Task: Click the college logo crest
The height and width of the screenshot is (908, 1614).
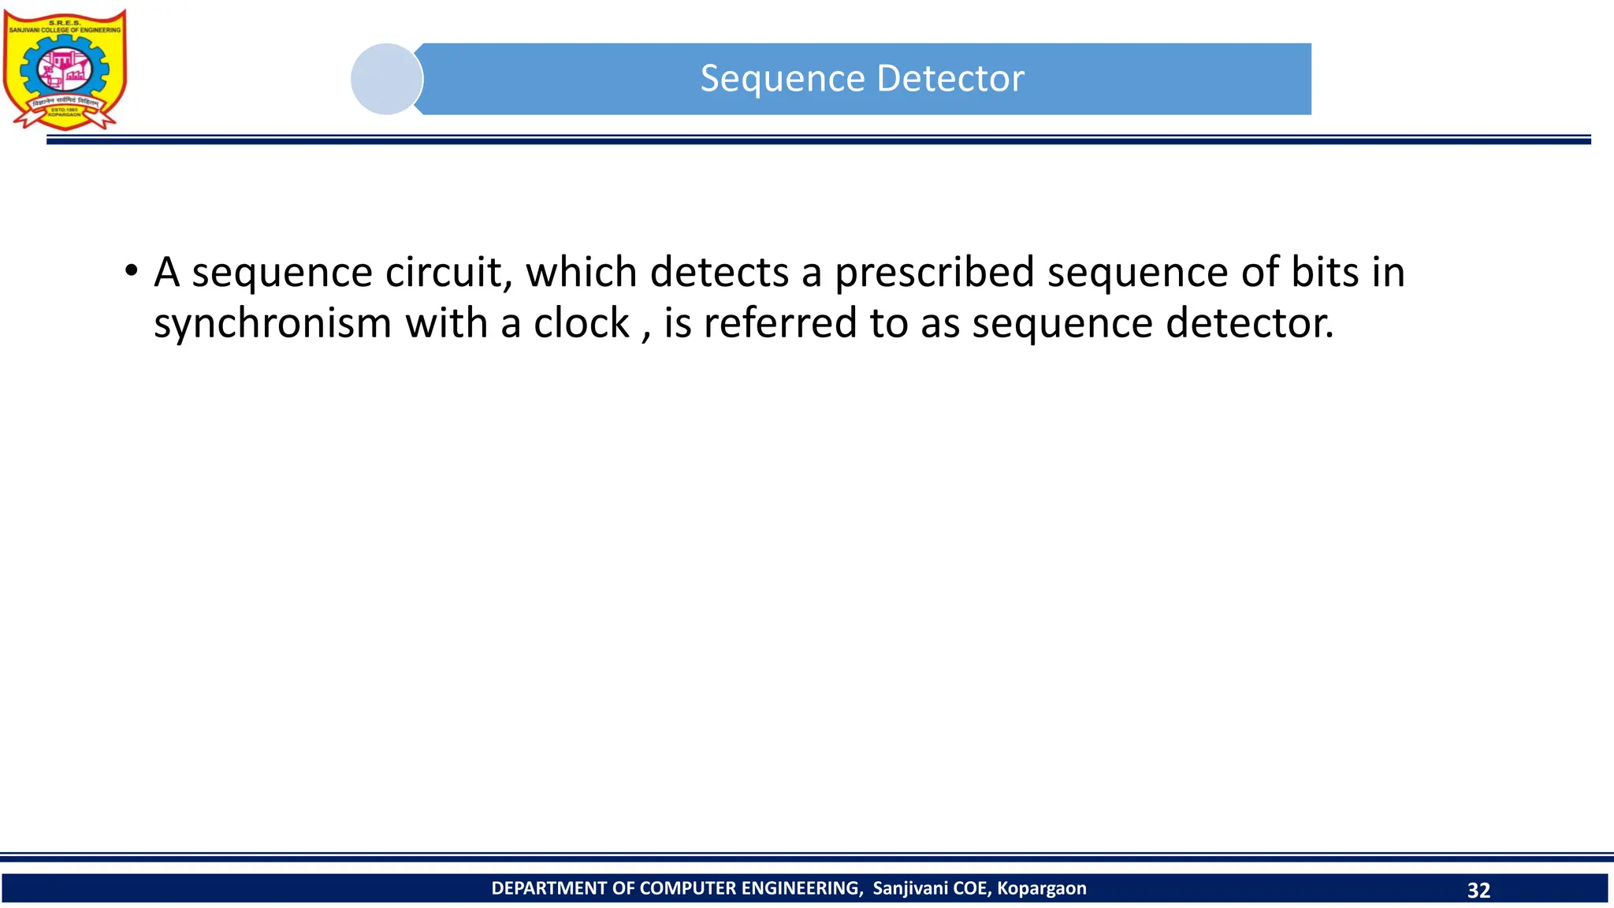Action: (x=65, y=69)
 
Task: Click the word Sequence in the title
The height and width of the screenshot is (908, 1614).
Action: (x=783, y=79)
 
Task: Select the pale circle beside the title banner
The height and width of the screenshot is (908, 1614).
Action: (x=386, y=79)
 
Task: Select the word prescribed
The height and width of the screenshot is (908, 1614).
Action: (x=934, y=273)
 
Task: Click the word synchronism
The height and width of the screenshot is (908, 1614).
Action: (x=273, y=324)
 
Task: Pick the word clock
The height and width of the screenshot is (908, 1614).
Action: (x=581, y=323)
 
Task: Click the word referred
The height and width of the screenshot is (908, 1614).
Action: (x=779, y=323)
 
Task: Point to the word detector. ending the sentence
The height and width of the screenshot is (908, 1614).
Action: (x=1250, y=323)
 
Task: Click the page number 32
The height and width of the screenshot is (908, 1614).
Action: (x=1478, y=890)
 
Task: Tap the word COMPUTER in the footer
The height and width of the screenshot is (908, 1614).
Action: (x=688, y=888)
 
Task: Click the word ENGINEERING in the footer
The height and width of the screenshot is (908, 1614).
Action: (x=801, y=888)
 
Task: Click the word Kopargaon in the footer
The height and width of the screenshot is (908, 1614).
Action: (x=1041, y=888)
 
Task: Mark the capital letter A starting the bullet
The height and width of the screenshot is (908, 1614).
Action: (x=167, y=273)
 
